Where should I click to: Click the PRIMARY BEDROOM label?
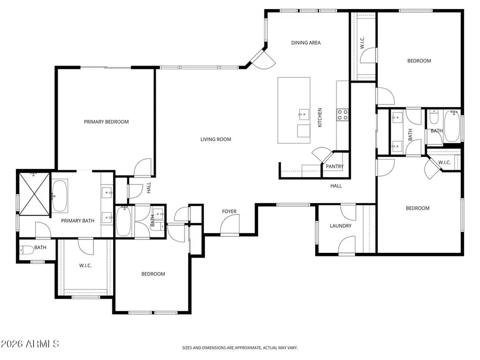(x=106, y=122)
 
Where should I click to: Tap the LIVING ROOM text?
(x=215, y=140)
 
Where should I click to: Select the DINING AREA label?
(x=306, y=43)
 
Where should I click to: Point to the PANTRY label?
(x=335, y=167)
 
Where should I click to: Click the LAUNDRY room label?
(x=340, y=226)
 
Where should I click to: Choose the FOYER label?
(x=229, y=212)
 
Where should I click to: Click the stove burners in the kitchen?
(x=342, y=114)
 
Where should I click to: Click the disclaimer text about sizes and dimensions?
(x=239, y=348)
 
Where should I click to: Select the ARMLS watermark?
(x=30, y=345)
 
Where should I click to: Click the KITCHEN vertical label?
(x=320, y=117)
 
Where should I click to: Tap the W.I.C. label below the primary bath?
(x=86, y=265)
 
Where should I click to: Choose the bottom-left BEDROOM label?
(x=153, y=274)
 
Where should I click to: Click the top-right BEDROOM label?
(x=419, y=61)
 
